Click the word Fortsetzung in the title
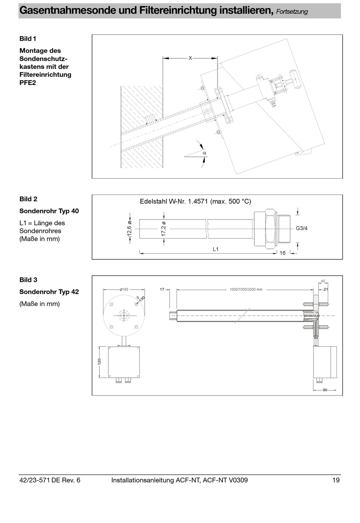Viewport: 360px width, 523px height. (292, 12)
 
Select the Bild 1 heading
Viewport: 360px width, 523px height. (28, 39)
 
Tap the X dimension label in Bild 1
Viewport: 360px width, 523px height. (190, 58)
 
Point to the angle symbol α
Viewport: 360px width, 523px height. (204, 153)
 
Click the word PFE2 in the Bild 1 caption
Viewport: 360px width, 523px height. (28, 83)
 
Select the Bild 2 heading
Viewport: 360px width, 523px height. (28, 199)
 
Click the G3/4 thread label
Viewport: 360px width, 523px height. (302, 228)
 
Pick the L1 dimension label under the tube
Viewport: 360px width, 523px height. (216, 249)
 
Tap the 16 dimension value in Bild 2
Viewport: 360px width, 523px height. (282, 253)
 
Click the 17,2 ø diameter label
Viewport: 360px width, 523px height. (164, 229)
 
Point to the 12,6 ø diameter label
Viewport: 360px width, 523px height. (129, 229)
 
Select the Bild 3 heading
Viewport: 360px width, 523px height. (28, 280)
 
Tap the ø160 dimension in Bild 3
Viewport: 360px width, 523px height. (124, 289)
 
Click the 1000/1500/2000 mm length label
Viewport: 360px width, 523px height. (246, 289)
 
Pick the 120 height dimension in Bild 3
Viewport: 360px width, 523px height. (99, 361)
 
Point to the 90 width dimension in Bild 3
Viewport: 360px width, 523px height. (325, 390)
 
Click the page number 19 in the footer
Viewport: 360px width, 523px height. (336, 480)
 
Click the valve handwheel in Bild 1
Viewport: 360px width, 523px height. (294, 79)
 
